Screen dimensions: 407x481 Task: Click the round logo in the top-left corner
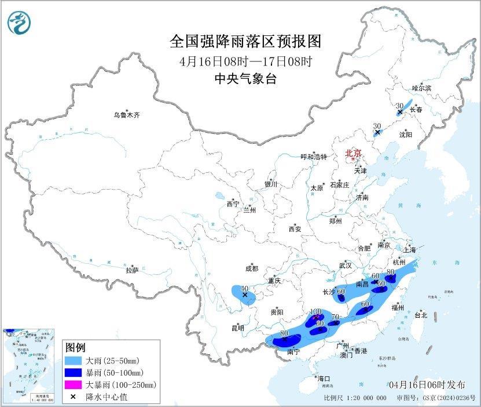tap(20, 23)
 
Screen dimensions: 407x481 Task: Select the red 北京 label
tap(353, 153)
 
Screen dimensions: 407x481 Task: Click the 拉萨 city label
tap(132, 270)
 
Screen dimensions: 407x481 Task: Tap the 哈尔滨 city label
tap(421, 88)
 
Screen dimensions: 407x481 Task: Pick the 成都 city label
tap(251, 268)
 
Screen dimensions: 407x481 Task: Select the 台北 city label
tap(421, 315)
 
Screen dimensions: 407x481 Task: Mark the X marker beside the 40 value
tap(245, 295)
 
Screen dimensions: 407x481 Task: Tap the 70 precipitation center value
tap(334, 317)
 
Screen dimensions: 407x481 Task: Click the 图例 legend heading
tap(75, 348)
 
